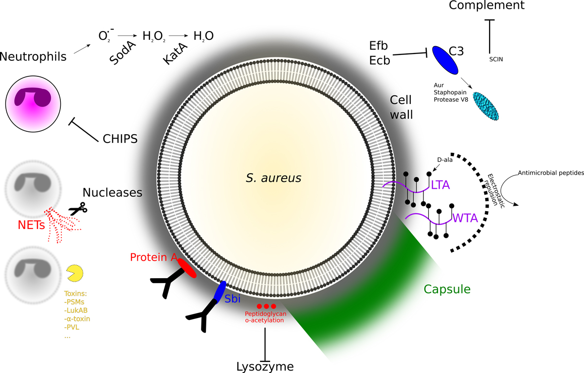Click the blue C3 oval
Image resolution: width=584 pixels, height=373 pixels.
point(446,60)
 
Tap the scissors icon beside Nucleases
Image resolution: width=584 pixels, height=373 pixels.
point(77,209)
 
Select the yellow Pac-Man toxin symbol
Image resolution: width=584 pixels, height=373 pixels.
point(74,273)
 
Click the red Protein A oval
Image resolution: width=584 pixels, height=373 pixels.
point(187,268)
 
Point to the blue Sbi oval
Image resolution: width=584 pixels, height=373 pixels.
point(219,291)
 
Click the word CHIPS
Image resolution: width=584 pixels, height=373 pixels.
point(120,139)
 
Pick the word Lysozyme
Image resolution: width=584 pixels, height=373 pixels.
point(265,366)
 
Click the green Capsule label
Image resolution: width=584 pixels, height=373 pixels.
point(447,289)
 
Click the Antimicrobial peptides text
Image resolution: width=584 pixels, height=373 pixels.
point(550,173)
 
